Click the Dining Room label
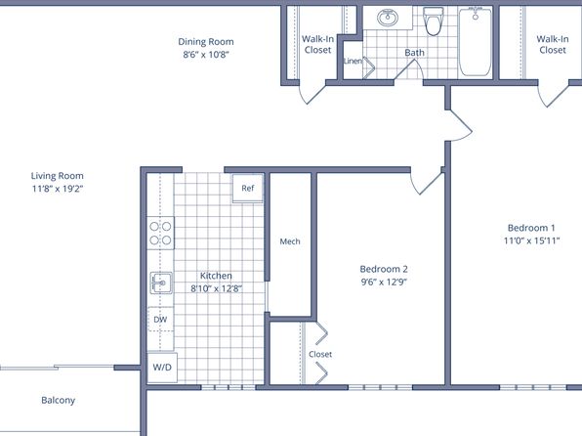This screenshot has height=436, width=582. coord(206,42)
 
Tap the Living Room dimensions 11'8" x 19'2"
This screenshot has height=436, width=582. coord(58,189)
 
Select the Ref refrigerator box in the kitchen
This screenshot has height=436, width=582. coord(248,188)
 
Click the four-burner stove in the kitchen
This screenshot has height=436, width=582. coord(160,233)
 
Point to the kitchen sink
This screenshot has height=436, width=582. coord(161,283)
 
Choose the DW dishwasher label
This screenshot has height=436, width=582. coord(160,320)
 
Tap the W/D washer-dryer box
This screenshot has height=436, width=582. coord(162,368)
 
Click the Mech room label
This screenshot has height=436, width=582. coord(290,241)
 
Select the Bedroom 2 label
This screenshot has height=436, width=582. coord(384,269)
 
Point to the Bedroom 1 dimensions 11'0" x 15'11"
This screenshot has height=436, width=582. coord(531,240)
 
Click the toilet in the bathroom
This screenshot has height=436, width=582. coord(433,21)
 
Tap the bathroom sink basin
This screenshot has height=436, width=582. coord(388,18)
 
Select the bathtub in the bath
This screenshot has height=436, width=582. coord(476,42)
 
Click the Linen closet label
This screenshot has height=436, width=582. coord(353,61)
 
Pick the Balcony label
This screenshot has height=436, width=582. coord(59,400)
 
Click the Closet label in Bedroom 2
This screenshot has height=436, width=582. coord(320,354)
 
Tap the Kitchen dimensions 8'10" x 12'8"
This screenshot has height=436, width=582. coord(217,288)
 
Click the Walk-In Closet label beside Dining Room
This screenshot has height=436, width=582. coord(317,44)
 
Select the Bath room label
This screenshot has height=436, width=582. coord(414,53)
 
